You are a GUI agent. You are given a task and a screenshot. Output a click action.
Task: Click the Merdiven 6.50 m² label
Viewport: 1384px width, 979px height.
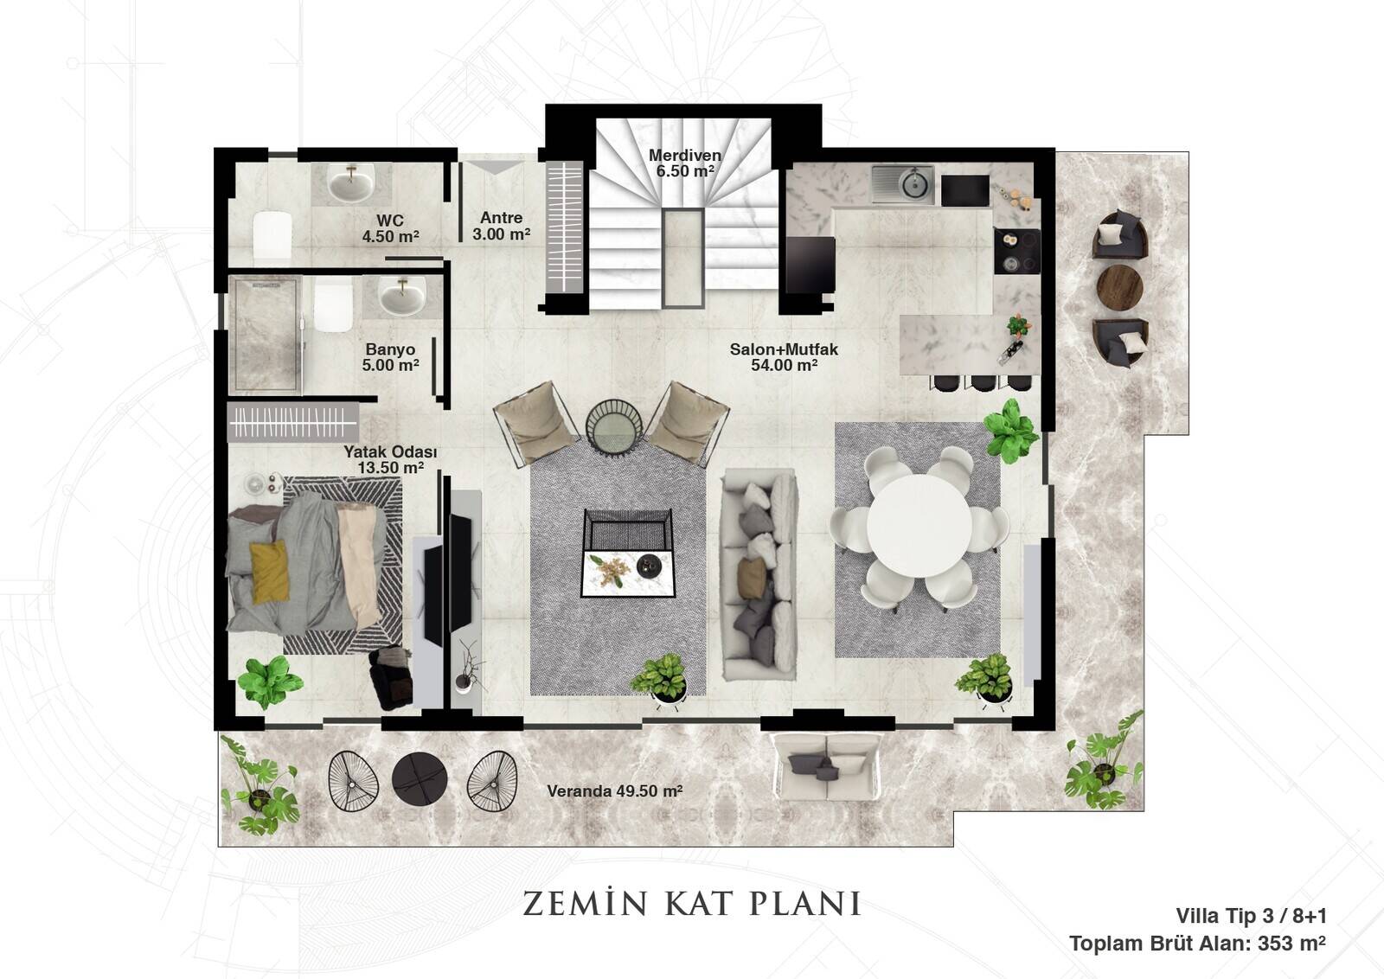pos(684,163)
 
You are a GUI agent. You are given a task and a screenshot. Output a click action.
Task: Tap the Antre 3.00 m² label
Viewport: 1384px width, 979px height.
pos(501,226)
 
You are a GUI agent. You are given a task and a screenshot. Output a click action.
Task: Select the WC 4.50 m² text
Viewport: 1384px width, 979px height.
pos(390,228)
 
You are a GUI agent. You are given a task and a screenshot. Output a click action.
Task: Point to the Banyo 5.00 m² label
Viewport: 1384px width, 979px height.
pos(390,358)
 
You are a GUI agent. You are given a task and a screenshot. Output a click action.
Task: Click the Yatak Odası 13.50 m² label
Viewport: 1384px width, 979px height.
pos(390,460)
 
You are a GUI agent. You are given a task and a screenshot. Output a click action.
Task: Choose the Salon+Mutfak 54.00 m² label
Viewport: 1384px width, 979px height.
pos(784,357)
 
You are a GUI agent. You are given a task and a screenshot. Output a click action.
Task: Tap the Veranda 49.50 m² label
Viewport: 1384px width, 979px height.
pos(615,791)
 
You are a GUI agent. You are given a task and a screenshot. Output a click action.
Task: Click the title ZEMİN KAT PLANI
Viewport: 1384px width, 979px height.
pos(691,903)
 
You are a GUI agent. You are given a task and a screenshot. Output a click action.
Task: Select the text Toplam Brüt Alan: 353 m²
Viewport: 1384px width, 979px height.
pos(1197,944)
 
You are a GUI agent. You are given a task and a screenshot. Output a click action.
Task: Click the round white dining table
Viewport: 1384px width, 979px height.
pos(919,526)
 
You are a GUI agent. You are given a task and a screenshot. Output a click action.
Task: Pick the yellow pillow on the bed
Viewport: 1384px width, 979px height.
pos(269,572)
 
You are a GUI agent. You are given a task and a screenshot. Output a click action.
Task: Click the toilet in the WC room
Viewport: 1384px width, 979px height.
pos(272,235)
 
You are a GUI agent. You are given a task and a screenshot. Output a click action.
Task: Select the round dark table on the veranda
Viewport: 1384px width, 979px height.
pos(420,778)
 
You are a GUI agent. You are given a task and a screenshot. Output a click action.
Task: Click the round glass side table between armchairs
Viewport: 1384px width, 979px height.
pos(614,428)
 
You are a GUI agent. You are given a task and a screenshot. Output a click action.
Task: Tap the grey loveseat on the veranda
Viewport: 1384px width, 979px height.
pos(826,766)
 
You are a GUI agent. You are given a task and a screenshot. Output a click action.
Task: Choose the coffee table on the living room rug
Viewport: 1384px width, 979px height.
pos(628,553)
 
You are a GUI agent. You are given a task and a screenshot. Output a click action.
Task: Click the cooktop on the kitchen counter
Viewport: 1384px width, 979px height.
pos(1017,251)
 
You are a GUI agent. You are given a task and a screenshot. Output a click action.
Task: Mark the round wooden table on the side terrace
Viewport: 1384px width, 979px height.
pos(1119,286)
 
